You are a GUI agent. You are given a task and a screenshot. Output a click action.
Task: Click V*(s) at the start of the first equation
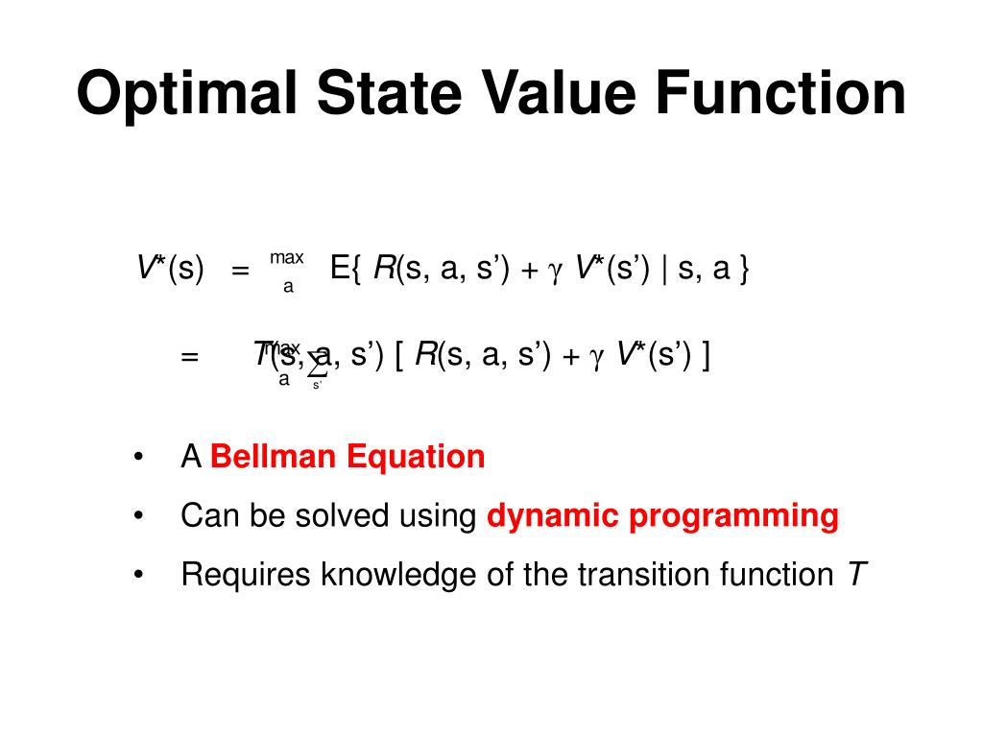point(170,269)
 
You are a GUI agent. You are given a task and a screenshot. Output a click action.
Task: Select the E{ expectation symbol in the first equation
point(345,269)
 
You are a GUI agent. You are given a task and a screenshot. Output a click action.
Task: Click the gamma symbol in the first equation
point(554,272)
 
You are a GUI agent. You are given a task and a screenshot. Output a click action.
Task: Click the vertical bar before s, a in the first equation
point(664,269)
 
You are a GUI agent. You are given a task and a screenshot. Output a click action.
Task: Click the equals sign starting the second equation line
point(189,357)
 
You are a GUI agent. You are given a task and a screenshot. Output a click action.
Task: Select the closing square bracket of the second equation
point(706,356)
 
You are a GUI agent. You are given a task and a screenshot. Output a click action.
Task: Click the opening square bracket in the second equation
point(398,356)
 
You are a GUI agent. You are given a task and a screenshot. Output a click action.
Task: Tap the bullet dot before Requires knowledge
point(140,575)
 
